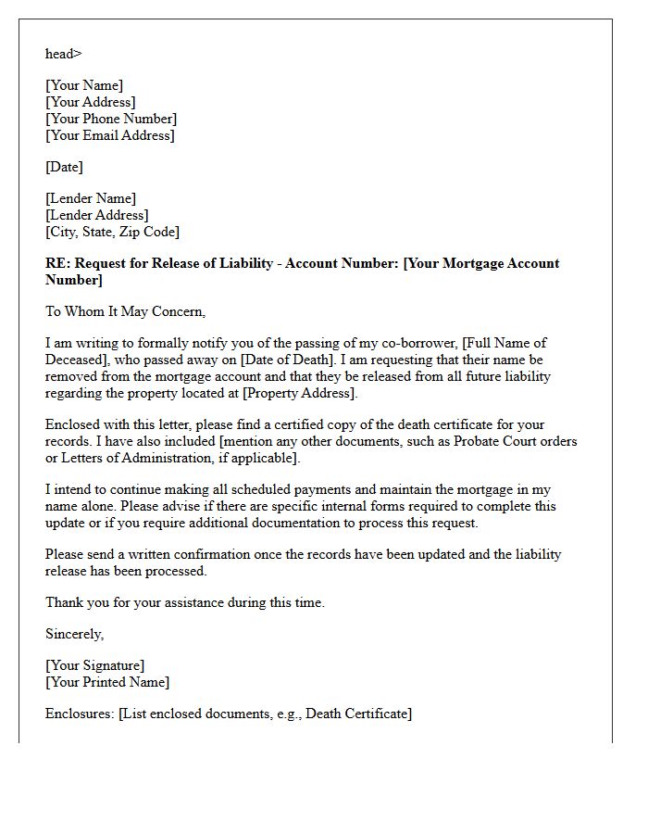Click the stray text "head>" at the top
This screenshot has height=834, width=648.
[x=63, y=54]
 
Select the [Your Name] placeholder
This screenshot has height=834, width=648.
[x=84, y=85]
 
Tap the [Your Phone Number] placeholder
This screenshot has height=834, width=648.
[x=111, y=119]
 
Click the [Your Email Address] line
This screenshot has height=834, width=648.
[x=110, y=135]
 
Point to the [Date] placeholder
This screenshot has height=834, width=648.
[x=64, y=167]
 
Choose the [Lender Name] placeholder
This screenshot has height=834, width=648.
[x=91, y=198]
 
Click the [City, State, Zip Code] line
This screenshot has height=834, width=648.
[x=112, y=232]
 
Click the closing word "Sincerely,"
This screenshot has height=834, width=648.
[x=75, y=634]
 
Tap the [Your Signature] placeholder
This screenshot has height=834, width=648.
[x=95, y=665]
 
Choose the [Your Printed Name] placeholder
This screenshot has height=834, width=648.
[x=107, y=682]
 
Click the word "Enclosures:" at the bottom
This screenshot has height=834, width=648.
[x=81, y=714]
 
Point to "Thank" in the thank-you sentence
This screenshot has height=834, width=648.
[x=65, y=602]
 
